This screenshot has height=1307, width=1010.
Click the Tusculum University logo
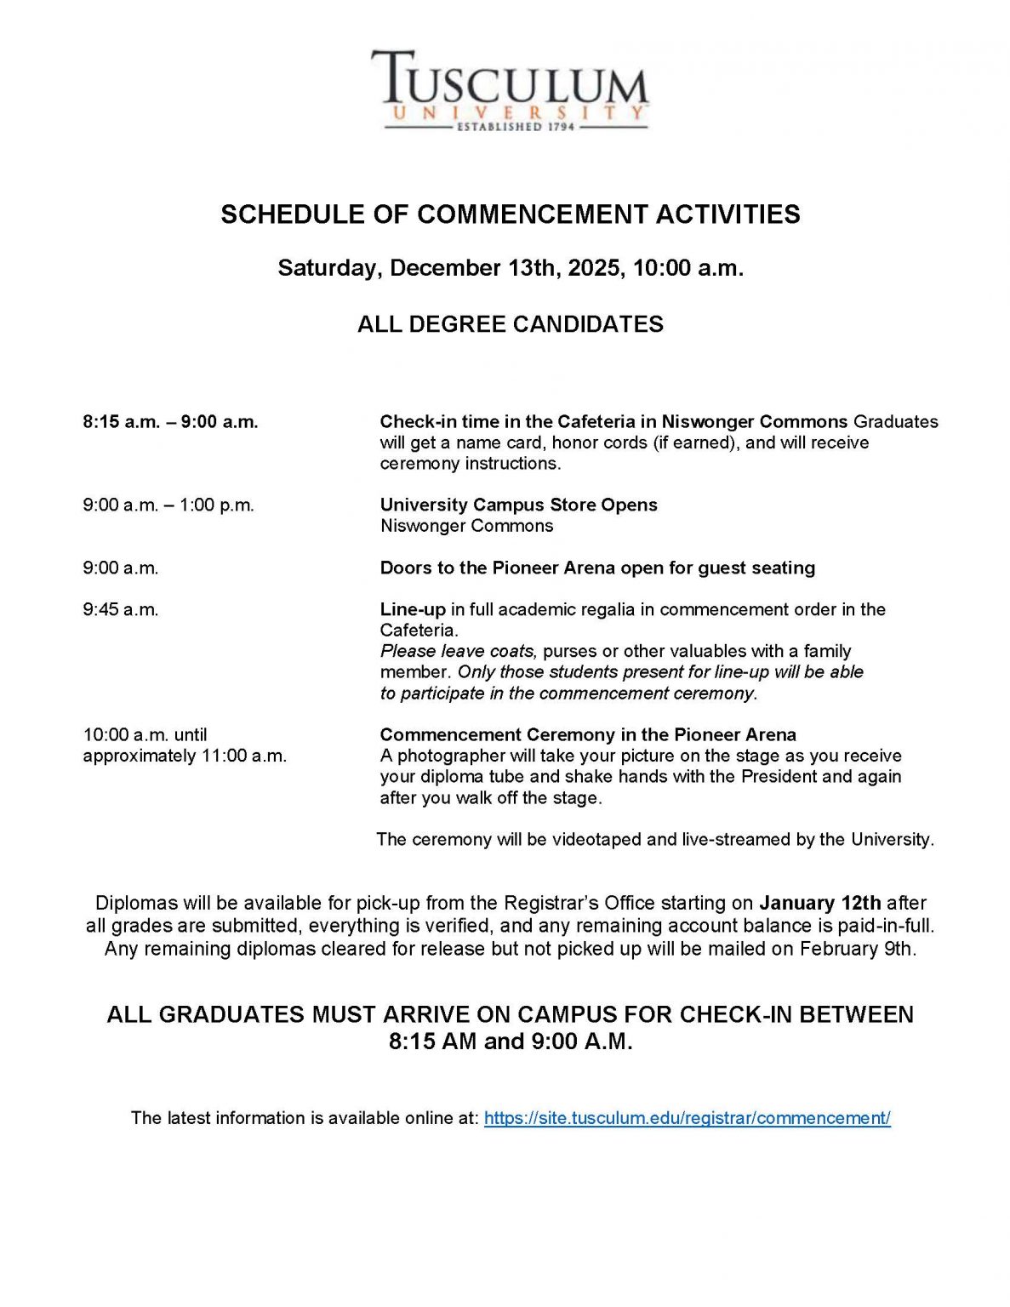click(509, 89)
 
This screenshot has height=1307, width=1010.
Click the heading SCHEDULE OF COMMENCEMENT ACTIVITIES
click(510, 214)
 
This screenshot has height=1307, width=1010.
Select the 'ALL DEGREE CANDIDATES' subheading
click(510, 324)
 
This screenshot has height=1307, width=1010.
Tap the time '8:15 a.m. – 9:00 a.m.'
click(170, 422)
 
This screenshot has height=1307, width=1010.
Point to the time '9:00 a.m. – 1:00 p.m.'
click(168, 505)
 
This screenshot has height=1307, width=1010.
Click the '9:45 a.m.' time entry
click(121, 609)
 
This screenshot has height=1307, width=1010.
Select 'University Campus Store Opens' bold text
click(518, 505)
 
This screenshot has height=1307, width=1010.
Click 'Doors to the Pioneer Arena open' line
click(597, 568)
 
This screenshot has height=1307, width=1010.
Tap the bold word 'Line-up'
click(413, 609)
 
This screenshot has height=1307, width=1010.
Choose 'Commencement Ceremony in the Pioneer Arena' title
click(588, 734)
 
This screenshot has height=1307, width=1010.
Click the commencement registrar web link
click(687, 1118)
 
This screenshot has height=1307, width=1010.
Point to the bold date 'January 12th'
click(819, 903)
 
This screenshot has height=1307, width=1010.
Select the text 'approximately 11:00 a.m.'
click(185, 756)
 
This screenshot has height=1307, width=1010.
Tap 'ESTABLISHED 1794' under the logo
click(516, 127)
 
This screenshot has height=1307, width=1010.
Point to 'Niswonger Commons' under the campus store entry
click(466, 526)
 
